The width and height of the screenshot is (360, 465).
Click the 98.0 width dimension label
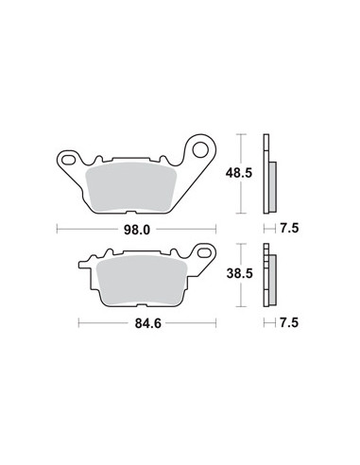click(137, 230)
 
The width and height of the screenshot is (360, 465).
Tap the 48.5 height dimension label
click(239, 173)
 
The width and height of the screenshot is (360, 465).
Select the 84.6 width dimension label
click(147, 323)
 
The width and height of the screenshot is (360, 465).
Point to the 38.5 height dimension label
click(239, 273)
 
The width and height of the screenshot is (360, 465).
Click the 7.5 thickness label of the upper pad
click(289, 228)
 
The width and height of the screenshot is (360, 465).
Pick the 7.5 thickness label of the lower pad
click(289, 322)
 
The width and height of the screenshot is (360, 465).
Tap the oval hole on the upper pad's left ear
click(67, 160)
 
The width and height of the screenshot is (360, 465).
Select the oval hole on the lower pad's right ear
click(204, 252)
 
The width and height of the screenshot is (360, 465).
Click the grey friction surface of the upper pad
click(131, 187)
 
